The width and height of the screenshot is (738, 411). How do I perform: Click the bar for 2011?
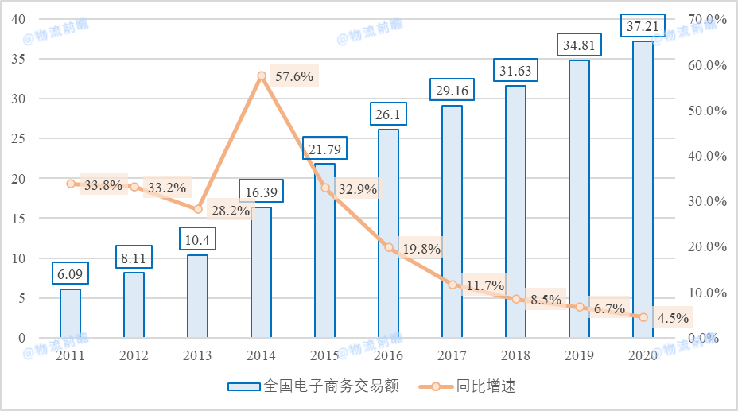70,313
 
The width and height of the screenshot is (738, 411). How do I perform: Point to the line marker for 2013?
198,209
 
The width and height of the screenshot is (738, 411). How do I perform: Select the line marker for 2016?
389,247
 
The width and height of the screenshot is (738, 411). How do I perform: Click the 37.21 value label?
643,27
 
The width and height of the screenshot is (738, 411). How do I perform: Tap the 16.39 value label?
261,192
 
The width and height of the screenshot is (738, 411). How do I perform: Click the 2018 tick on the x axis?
515,355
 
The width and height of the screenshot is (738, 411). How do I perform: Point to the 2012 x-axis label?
134,355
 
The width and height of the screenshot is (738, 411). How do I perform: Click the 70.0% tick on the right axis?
707,19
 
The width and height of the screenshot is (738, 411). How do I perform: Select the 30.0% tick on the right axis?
707,202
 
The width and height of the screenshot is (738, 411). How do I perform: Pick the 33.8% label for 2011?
103,186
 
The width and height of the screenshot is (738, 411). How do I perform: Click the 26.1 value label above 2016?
388,115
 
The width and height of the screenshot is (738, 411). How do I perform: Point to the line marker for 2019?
580,307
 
